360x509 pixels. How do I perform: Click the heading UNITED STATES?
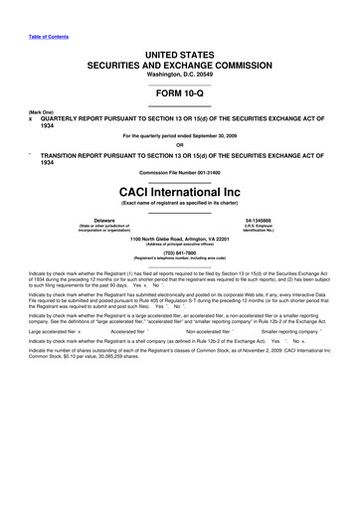[180, 52]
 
